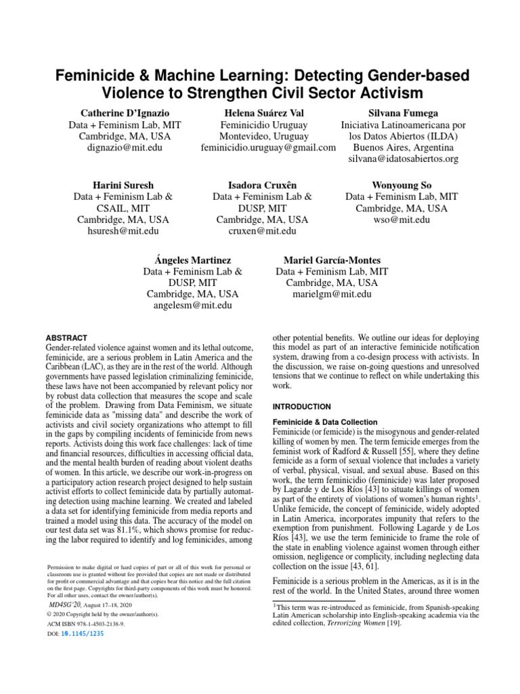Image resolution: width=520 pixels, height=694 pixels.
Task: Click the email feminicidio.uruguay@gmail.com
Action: pos(269,147)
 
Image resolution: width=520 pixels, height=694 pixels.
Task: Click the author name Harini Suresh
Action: pos(123,184)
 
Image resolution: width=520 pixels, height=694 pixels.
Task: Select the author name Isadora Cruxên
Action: pos(262,184)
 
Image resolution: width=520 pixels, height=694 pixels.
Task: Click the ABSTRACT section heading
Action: pos(66,338)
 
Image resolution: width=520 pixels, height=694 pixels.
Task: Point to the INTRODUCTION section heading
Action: pos(301,407)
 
